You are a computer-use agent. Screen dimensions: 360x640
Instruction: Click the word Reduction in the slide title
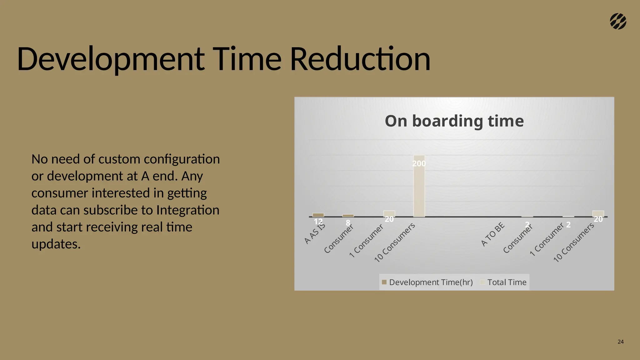[x=360, y=59]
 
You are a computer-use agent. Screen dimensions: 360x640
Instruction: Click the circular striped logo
[x=618, y=22]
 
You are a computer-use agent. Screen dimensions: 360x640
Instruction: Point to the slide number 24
[x=621, y=342]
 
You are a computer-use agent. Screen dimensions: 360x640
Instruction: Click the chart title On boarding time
[x=454, y=121]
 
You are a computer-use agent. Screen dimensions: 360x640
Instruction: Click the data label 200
[x=419, y=163]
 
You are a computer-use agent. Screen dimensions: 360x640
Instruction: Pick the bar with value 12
[x=318, y=215]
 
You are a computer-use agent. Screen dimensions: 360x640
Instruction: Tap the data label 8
[x=348, y=223]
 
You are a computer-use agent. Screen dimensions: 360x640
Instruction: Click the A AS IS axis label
[x=315, y=233]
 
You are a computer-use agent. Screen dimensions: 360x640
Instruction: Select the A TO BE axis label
[x=493, y=234]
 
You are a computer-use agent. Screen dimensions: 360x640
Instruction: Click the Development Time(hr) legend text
[x=431, y=282]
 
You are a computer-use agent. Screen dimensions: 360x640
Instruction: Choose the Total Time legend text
[x=507, y=282]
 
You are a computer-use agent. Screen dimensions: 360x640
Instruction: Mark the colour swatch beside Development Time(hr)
[x=384, y=282]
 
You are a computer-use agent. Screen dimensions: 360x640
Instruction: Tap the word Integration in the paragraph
[x=188, y=210]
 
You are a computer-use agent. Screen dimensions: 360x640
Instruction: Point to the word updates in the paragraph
[x=56, y=244]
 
